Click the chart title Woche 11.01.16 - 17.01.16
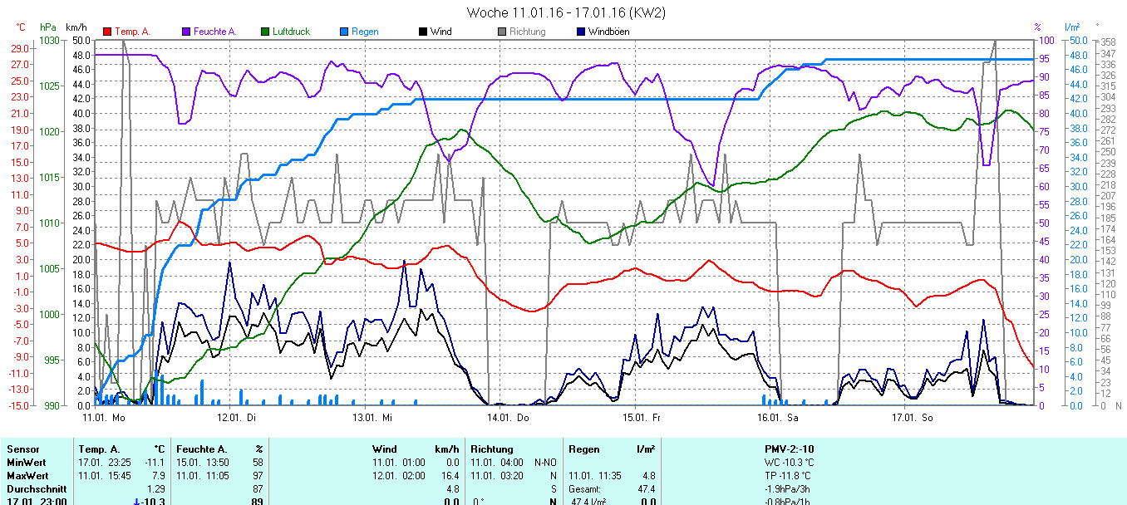click(565, 12)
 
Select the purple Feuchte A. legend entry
click(214, 32)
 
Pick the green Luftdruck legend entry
click(290, 32)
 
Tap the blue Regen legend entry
click(364, 32)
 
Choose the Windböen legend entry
click(608, 32)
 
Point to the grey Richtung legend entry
click(527, 32)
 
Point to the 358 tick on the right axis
click(1107, 42)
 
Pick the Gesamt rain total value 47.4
click(645, 489)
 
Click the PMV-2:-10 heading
click(789, 449)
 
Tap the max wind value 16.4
click(450, 475)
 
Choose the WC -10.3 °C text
click(789, 462)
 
